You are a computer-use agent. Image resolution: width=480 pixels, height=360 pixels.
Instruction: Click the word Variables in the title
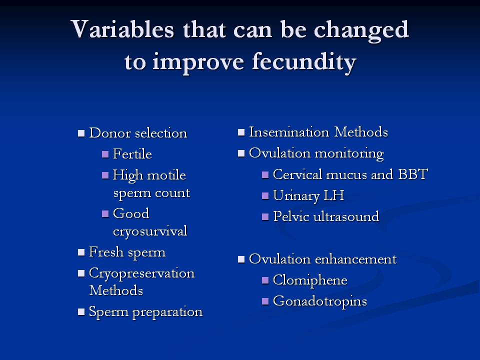[122, 29]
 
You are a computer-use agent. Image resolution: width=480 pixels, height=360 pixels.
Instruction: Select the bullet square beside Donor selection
[81, 133]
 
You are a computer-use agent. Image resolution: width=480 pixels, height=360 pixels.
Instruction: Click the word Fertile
[132, 153]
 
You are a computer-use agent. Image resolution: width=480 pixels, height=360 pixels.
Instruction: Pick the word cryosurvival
[150, 231]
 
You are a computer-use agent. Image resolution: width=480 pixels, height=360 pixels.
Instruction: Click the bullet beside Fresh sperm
[81, 252]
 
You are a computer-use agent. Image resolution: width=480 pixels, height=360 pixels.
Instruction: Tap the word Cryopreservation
[141, 273]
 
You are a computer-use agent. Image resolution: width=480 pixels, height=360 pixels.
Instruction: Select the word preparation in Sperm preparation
[167, 312]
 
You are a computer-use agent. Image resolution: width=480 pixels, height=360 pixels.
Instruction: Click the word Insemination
[289, 132]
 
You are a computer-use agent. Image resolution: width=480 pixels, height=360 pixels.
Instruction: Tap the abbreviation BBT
[412, 174]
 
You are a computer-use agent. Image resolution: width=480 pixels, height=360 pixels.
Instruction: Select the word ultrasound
[346, 216]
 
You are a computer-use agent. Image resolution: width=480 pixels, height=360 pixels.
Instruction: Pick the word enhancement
[355, 259]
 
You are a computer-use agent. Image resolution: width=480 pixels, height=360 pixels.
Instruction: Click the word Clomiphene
[310, 280]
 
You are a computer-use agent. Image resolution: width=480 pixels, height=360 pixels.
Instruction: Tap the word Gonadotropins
[320, 301]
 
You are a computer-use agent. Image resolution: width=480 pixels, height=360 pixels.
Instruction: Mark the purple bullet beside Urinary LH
[265, 196]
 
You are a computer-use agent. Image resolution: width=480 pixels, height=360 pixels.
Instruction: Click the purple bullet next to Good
[105, 213]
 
